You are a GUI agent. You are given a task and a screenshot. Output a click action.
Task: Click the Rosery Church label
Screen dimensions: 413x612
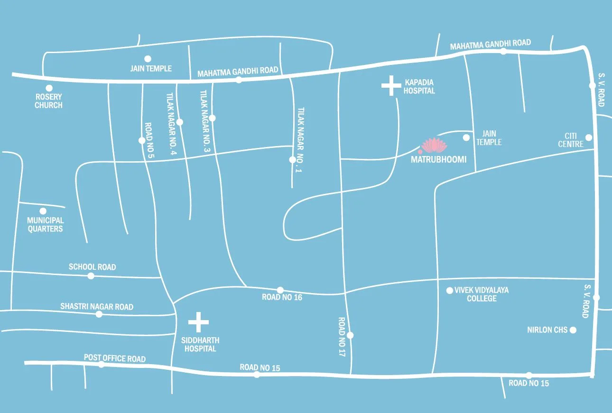pos(48,101)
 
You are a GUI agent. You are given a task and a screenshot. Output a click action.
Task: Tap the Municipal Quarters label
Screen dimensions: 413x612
pos(45,224)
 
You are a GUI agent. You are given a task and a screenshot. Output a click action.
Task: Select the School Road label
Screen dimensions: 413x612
pos(92,267)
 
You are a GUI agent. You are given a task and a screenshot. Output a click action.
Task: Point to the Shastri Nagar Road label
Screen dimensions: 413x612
pos(97,307)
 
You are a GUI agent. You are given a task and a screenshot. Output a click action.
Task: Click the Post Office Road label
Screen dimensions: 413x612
pos(115,358)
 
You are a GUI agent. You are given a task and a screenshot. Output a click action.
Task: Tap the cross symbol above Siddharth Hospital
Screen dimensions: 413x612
pos(198,322)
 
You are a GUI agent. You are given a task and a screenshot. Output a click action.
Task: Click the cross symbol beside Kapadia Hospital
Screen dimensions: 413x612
pos(391,85)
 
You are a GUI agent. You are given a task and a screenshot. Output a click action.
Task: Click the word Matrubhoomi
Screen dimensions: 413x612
pos(438,160)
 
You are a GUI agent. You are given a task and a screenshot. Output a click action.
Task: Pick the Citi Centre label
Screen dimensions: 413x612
pos(571,140)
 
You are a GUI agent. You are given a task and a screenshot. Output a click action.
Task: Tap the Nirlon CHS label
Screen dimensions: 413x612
pos(547,330)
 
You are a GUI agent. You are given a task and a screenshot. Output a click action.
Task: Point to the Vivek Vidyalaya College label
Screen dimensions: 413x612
pos(482,294)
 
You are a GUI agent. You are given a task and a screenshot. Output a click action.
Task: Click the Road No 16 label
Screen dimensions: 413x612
pos(282,297)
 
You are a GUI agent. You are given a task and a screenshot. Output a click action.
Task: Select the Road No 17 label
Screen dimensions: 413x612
pos(342,337)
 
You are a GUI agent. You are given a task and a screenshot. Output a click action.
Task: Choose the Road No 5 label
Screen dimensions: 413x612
pos(148,134)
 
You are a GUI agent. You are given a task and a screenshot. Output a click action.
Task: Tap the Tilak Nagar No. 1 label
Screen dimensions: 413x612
pos(300,140)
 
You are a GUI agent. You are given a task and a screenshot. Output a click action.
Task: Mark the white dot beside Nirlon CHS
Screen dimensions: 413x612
pos(573,330)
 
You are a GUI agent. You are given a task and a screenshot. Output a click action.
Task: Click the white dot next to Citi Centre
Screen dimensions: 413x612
pos(589,138)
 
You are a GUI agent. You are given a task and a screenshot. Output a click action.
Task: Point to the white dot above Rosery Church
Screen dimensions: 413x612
pos(49,88)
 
